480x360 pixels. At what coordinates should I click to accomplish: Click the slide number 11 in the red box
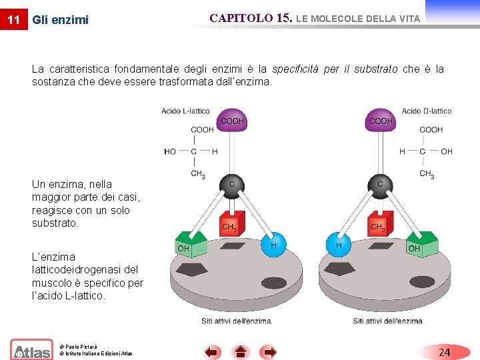13,19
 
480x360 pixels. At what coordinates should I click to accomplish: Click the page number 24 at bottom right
445,352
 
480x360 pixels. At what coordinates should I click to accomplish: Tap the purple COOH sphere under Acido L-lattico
232,120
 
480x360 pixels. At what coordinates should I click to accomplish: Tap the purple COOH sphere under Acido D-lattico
380,120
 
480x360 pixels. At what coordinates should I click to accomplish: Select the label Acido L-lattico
185,111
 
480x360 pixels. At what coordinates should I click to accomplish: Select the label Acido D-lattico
427,111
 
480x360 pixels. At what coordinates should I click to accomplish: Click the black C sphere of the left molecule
231,186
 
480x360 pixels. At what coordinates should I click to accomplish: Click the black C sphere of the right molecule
379,186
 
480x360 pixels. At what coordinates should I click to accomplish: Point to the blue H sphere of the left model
273,245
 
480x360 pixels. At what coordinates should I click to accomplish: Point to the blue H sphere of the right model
338,245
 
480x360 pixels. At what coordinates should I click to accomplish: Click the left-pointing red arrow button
212,352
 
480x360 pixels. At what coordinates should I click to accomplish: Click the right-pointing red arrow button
268,352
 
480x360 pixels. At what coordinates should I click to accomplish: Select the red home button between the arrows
240,352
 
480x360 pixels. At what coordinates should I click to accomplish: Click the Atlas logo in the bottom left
31,350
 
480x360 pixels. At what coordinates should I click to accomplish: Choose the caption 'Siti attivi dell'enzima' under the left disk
236,321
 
